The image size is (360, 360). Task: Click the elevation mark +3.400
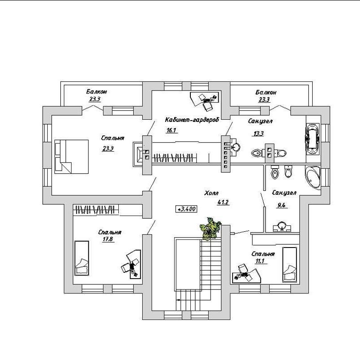pyautogui.click(x=186, y=209)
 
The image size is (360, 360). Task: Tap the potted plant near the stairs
pyautogui.click(x=210, y=229)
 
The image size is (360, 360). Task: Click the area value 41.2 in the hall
pyautogui.click(x=223, y=202)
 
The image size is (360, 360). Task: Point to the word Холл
pyautogui.click(x=211, y=193)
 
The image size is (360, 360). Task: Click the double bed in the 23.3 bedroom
pyautogui.click(x=72, y=157)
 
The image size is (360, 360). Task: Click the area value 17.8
pyautogui.click(x=108, y=239)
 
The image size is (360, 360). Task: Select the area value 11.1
pyautogui.click(x=260, y=261)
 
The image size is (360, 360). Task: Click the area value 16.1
pyautogui.click(x=171, y=130)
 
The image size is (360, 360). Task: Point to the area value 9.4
pyautogui.click(x=281, y=205)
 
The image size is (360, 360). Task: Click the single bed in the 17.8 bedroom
pyautogui.click(x=82, y=258)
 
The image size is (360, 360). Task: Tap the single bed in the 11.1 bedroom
pyautogui.click(x=289, y=265)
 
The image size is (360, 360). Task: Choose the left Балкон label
pyautogui.click(x=96, y=92)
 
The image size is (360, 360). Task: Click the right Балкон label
pyautogui.click(x=265, y=92)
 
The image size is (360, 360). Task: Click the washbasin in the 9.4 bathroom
pyautogui.click(x=282, y=226)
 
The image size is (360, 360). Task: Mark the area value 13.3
pyautogui.click(x=258, y=133)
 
